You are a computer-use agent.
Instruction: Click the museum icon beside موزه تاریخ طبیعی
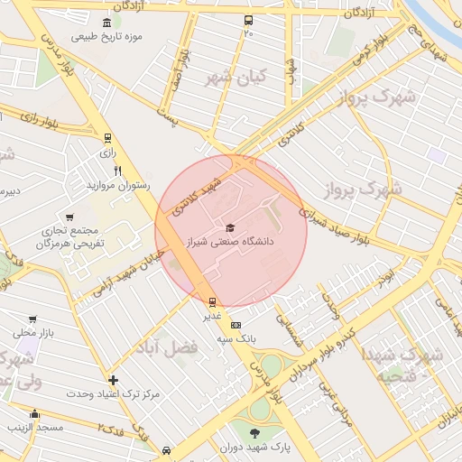107,23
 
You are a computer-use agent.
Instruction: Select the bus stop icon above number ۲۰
248,20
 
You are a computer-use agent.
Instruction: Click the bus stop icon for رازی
108,139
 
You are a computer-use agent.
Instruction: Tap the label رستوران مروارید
117,185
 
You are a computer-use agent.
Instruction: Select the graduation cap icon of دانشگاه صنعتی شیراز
230,227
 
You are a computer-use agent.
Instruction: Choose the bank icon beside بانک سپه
236,325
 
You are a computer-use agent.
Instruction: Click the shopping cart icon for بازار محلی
32,319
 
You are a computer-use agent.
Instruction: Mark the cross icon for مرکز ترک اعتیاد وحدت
113,380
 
